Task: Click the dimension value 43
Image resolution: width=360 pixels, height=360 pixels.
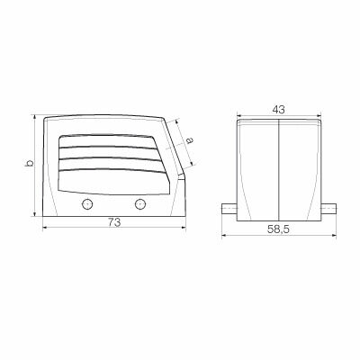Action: (279, 109)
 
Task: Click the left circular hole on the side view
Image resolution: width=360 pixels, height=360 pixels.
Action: (87, 204)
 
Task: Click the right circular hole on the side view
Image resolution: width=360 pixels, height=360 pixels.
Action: (139, 204)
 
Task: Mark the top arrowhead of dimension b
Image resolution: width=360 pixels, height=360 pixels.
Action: (36, 116)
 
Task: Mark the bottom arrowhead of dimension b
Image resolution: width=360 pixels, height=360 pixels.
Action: (36, 216)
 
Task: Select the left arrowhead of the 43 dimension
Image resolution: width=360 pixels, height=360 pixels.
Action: (239, 115)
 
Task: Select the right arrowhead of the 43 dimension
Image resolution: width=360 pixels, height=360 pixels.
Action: (320, 115)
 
